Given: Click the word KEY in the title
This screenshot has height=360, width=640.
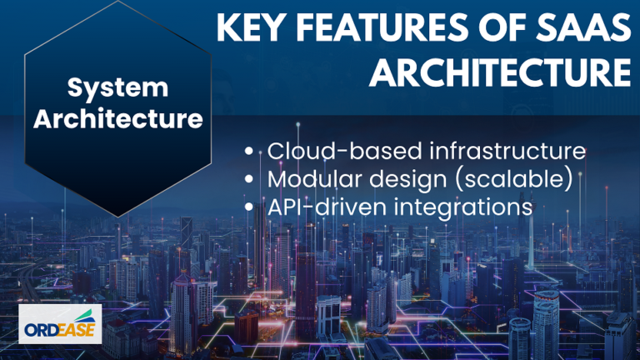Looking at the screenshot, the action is (x=250, y=27).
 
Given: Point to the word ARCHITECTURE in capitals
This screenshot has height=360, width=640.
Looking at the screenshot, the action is (x=500, y=72).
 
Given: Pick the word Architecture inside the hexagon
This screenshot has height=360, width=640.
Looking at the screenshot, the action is (x=118, y=118).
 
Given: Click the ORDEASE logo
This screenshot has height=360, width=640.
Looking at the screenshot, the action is (x=60, y=323).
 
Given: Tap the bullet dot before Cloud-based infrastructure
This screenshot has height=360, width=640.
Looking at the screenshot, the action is (x=249, y=151).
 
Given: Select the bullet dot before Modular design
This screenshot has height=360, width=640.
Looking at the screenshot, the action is (x=249, y=179).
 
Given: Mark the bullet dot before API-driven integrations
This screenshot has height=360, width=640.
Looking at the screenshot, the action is (x=249, y=207).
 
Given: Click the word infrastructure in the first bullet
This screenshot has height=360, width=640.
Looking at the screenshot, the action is (x=507, y=151).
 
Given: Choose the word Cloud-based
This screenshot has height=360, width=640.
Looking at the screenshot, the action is (x=345, y=151).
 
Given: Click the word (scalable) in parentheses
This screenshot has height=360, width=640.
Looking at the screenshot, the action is (x=514, y=180).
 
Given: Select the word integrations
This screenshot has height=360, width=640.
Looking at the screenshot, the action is (x=462, y=207).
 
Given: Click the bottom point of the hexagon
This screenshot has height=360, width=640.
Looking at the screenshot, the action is (x=118, y=217).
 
